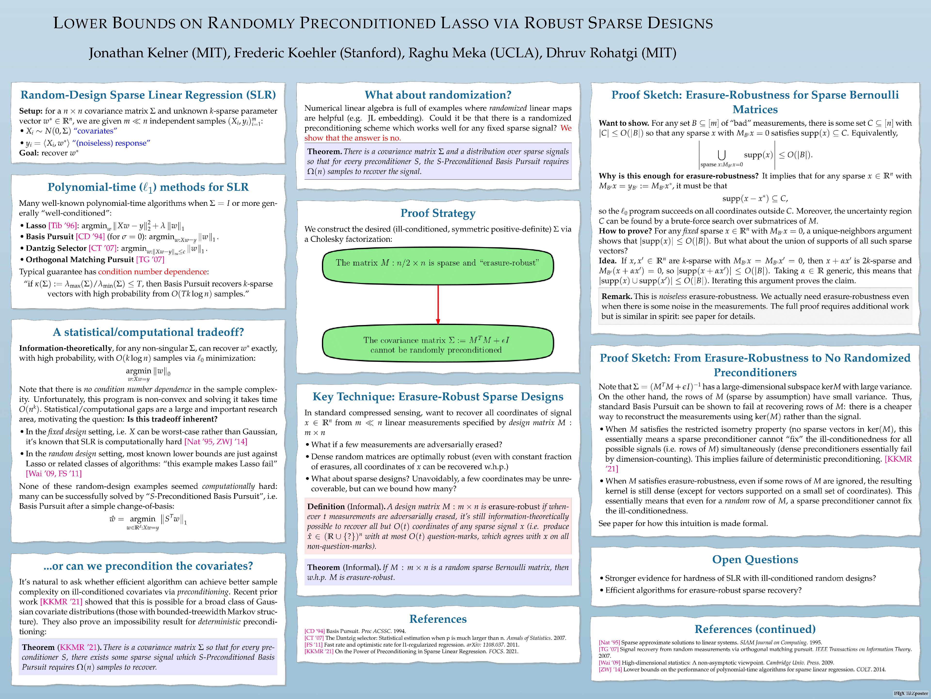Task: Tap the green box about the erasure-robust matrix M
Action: (x=438, y=266)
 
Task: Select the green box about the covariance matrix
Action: (x=438, y=345)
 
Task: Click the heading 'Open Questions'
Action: (x=755, y=559)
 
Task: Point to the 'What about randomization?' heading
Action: (x=438, y=95)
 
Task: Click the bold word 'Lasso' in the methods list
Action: (x=36, y=226)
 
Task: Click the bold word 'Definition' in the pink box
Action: (x=326, y=507)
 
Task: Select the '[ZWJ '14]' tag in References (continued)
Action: (x=610, y=669)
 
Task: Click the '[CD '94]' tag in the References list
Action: (x=314, y=631)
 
